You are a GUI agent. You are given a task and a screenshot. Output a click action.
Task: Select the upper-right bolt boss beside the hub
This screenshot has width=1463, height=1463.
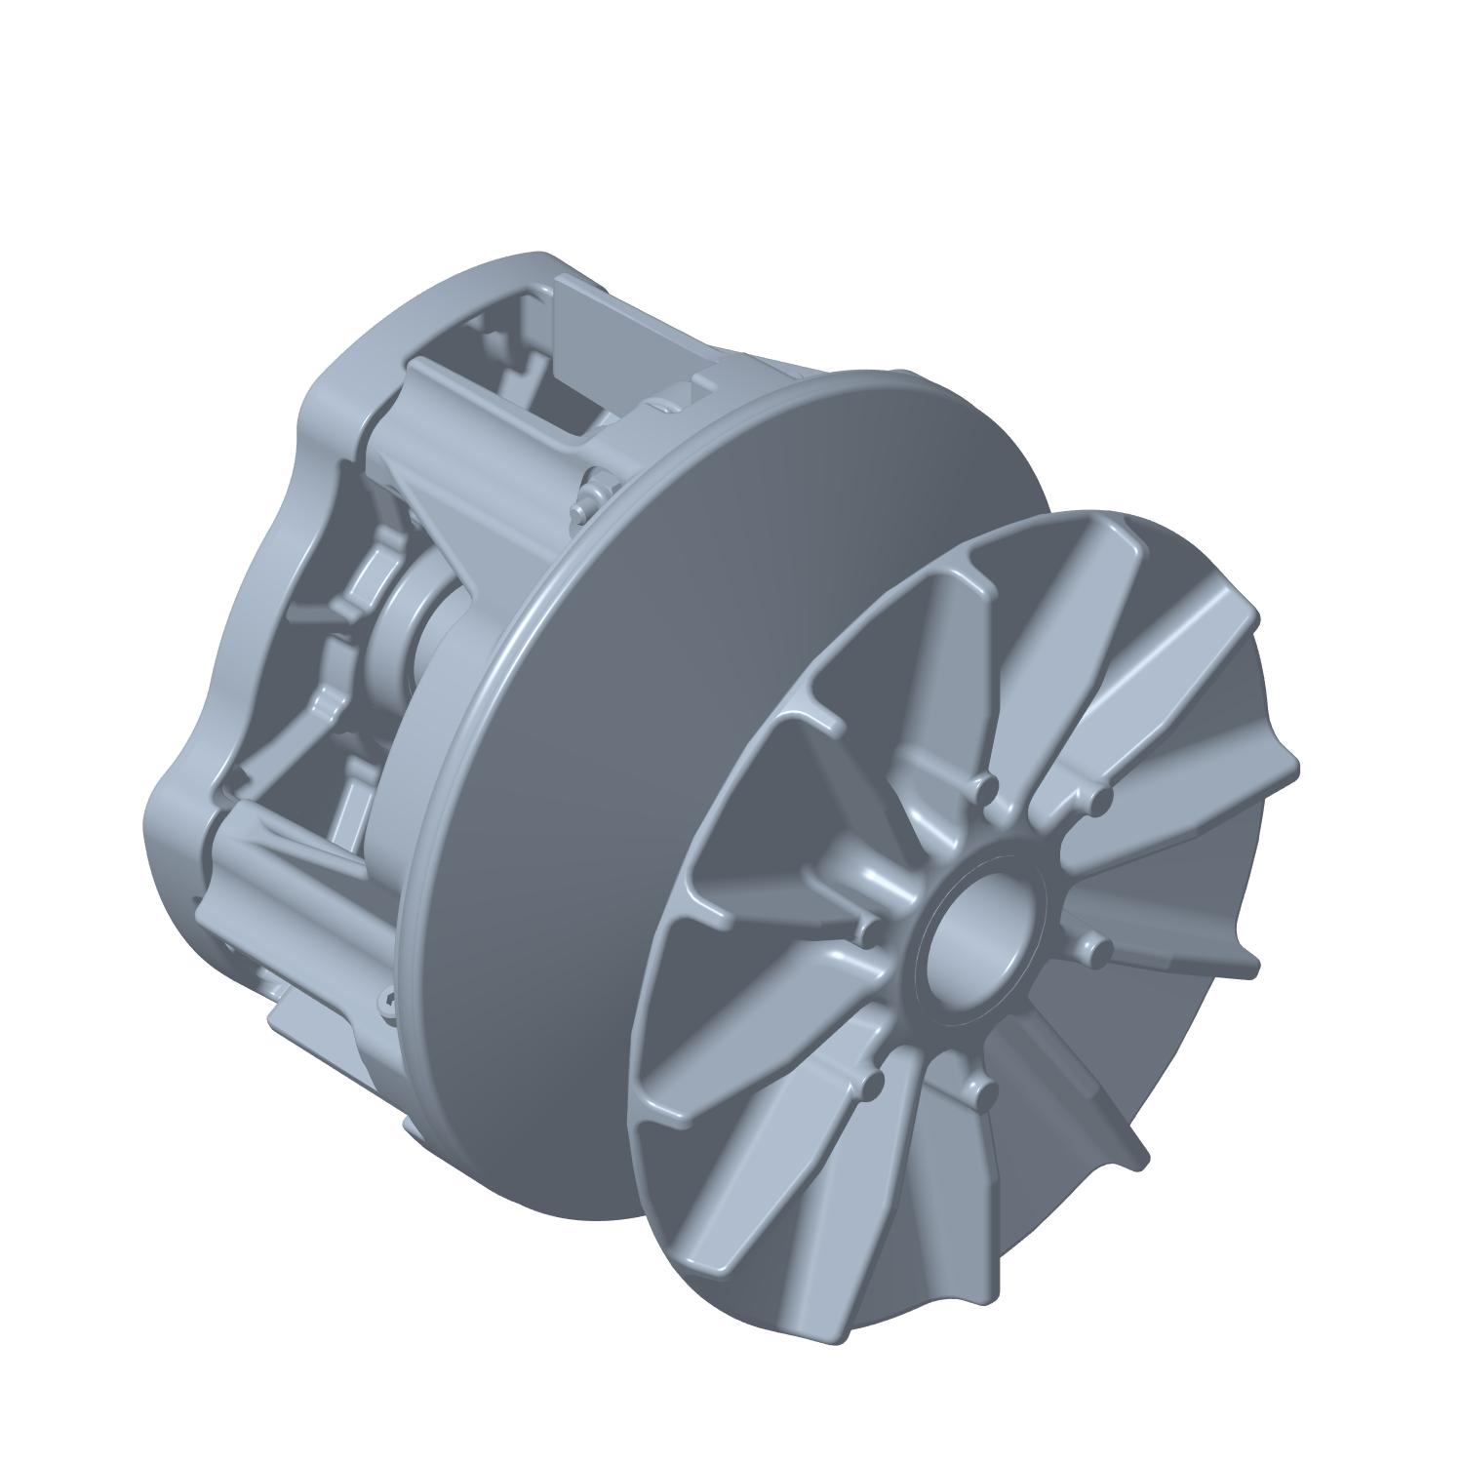pyautogui.click(x=1101, y=799)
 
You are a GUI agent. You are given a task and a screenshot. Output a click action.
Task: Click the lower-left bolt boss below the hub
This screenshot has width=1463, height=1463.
pyautogui.click(x=871, y=1084)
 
